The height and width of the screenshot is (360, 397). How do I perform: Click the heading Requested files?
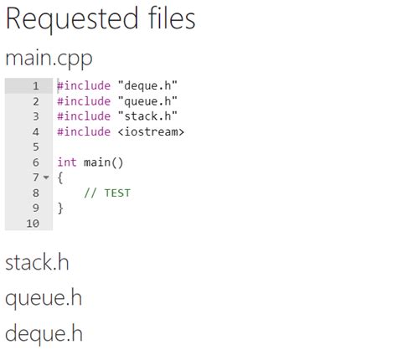[101, 19]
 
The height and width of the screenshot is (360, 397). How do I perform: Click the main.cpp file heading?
[49, 59]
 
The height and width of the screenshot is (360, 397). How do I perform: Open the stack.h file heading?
[37, 262]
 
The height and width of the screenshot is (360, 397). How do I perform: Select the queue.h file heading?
[44, 298]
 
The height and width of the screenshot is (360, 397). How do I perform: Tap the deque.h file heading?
[44, 334]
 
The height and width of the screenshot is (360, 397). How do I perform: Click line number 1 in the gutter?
[35, 86]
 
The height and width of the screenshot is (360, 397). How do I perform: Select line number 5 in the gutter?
[35, 147]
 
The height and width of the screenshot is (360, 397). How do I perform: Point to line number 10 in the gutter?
[33, 224]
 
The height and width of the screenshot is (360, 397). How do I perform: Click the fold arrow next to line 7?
[45, 178]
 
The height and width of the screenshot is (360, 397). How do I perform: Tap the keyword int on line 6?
[66, 162]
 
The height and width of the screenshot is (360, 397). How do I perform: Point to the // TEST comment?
[107, 193]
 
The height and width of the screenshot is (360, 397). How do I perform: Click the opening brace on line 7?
[59, 177]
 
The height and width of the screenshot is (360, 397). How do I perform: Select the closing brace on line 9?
[59, 208]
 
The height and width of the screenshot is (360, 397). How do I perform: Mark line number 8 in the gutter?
[35, 193]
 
